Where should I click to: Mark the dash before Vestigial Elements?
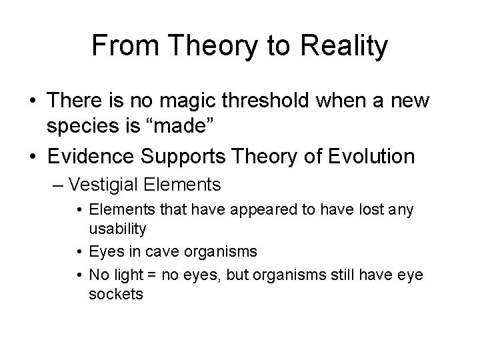coord(57,183)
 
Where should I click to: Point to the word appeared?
coord(254,210)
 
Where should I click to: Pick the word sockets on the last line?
coord(116,294)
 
